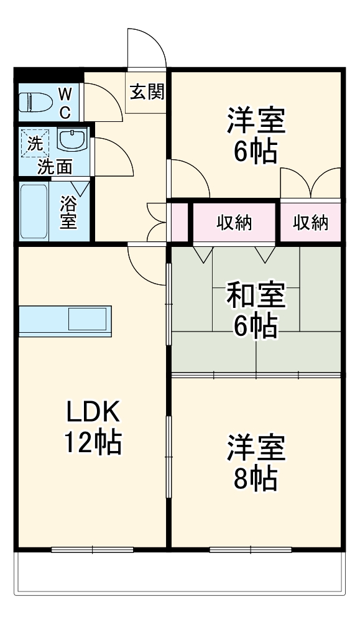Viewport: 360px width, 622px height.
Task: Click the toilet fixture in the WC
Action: click(x=34, y=101)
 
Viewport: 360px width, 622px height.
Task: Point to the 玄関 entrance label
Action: click(x=147, y=93)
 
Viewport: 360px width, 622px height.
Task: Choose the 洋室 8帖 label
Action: click(x=256, y=462)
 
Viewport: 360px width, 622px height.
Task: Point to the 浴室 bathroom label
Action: click(x=69, y=211)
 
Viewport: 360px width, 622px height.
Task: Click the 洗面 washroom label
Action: click(x=55, y=166)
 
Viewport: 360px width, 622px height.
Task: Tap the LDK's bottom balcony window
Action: click(x=93, y=549)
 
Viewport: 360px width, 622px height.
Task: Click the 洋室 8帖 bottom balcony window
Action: click(x=251, y=549)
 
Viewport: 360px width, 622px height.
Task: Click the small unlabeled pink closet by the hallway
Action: click(x=178, y=221)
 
